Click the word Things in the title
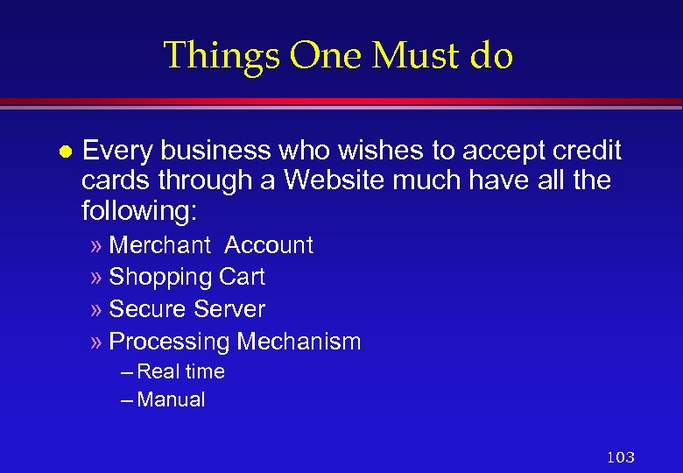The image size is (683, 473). (x=222, y=55)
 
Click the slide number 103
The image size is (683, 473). (x=620, y=456)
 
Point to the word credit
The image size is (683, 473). (x=587, y=151)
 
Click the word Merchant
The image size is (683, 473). (x=160, y=245)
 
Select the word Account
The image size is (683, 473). (x=269, y=245)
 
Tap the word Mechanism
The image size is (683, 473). (x=299, y=342)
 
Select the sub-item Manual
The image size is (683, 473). (x=172, y=400)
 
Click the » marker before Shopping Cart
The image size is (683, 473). (x=96, y=278)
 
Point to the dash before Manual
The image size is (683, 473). (x=127, y=400)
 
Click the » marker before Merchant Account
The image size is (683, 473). (x=96, y=246)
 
